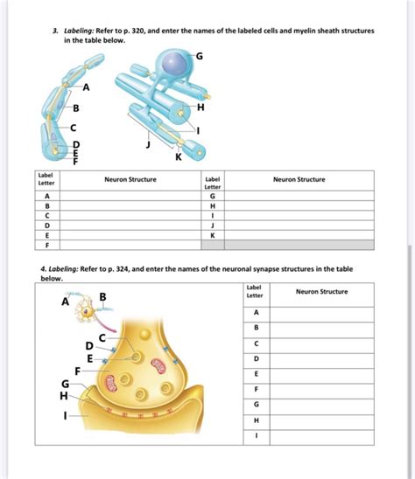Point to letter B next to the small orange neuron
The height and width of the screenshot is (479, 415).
tap(103, 297)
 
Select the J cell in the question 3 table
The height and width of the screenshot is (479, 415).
tap(212, 225)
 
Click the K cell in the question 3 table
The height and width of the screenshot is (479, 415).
tap(212, 234)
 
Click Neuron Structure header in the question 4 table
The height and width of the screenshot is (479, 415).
tap(321, 291)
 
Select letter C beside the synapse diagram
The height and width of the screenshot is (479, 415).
tap(102, 337)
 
